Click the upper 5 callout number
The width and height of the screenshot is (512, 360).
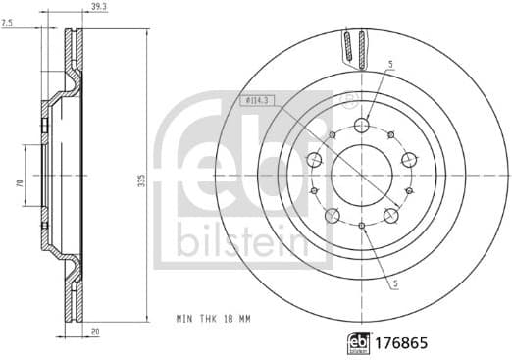(390, 65)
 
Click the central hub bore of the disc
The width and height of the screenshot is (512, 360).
(361, 175)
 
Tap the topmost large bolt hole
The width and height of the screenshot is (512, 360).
(361, 125)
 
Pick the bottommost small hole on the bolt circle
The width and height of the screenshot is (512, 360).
(361, 226)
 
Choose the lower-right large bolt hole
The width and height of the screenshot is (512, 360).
(391, 215)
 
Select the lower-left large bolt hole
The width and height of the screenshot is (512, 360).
(332, 215)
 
